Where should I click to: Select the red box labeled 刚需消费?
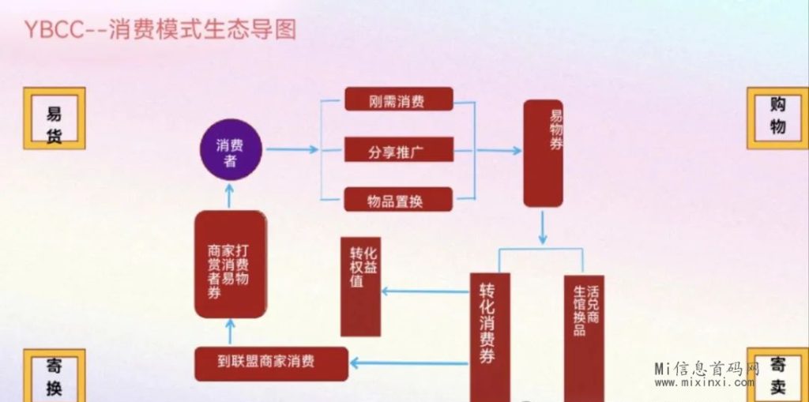pos(398,100)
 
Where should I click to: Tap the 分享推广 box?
pos(398,149)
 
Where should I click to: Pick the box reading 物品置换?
pos(398,199)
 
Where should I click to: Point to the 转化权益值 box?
pos(360,286)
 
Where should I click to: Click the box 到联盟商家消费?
pos(271,363)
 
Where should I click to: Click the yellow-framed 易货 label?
pos(54,118)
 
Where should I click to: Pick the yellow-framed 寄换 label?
pos(54,376)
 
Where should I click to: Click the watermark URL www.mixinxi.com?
pos(704,383)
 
